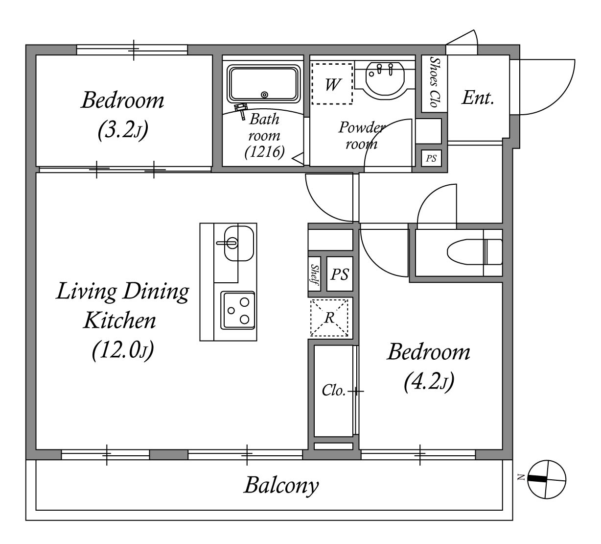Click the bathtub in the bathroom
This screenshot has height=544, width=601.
point(264,84)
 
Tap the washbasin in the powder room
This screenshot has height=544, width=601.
point(385,80)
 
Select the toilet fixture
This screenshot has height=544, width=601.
point(475,252)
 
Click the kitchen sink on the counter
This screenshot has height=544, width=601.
point(239,243)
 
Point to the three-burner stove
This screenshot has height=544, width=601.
point(238,310)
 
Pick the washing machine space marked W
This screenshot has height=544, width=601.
point(332,84)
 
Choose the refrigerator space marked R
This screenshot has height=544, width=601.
point(329,318)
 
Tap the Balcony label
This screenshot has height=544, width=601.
point(281,485)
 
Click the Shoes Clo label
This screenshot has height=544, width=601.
point(435,82)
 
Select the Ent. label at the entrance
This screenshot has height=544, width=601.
point(478,98)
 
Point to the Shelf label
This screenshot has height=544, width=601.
point(314,274)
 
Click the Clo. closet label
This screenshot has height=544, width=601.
point(334,391)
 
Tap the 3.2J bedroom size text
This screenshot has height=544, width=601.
point(123,130)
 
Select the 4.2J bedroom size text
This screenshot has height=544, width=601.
point(429,382)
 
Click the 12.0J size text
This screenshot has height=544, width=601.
point(123,350)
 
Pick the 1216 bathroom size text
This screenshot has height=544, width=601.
point(265,152)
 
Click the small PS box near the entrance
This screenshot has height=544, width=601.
point(431,158)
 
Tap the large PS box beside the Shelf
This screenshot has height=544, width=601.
point(340,273)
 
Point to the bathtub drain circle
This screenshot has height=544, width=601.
point(264,95)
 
